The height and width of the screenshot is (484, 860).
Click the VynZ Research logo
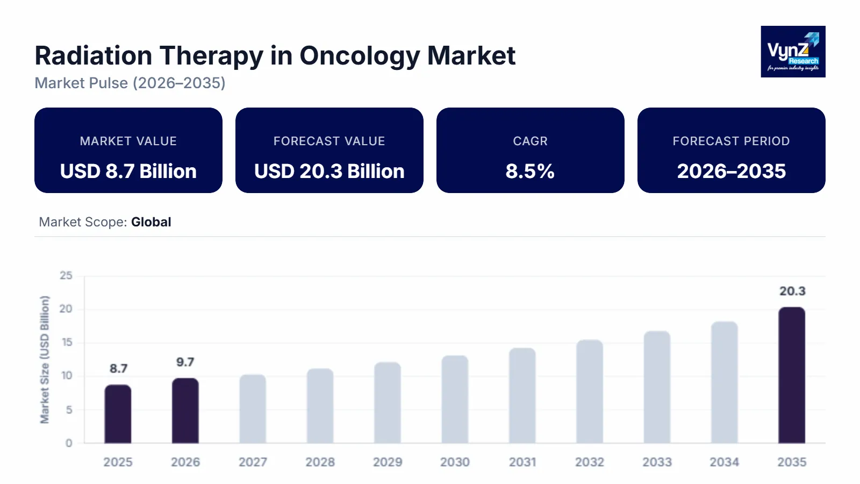[x=793, y=52]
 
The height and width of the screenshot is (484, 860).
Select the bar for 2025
[x=118, y=414]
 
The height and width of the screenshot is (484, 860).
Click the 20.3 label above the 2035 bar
[x=792, y=291]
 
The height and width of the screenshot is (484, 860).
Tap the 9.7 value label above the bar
[x=185, y=362]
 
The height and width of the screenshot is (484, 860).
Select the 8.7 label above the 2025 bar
[x=118, y=368]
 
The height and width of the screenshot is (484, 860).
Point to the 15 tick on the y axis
[x=66, y=343]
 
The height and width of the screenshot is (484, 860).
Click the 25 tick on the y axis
[x=66, y=275]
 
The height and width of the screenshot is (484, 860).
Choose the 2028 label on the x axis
[x=320, y=462]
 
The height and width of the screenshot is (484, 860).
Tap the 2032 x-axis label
[x=590, y=462]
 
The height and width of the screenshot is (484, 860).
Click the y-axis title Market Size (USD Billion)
[x=45, y=359]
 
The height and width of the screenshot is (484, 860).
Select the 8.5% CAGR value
[x=530, y=171]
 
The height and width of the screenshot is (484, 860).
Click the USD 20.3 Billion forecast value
[x=329, y=171]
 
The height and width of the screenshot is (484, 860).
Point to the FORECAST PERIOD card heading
[x=731, y=141]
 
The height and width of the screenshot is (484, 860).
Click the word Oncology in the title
[x=360, y=55]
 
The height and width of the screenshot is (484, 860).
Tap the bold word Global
[x=151, y=222]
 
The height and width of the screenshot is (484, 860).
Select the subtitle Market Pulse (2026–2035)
[x=130, y=83]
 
